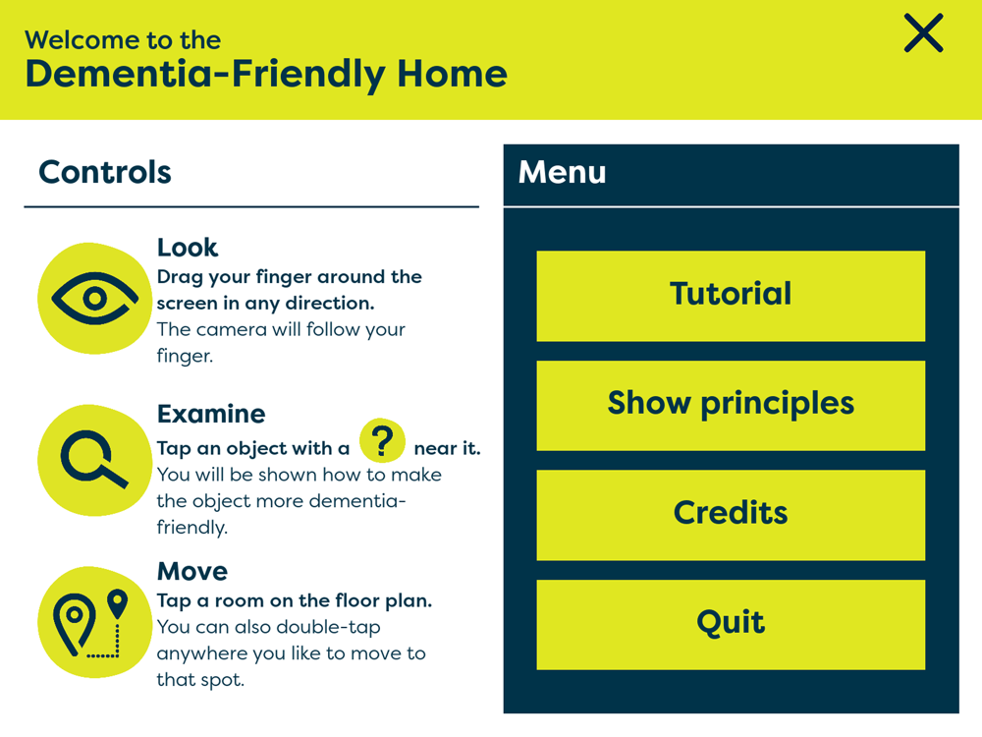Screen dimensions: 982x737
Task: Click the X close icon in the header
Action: [x=923, y=33]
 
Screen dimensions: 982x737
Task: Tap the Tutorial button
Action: [x=731, y=296]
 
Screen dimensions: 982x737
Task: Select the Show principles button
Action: [x=731, y=406]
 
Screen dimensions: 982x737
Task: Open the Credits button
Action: [x=731, y=515]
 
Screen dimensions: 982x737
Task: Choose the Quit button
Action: [x=731, y=625]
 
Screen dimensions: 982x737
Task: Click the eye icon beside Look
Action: [x=94, y=299]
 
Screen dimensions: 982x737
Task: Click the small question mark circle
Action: [x=382, y=440]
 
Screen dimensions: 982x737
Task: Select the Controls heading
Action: [x=105, y=172]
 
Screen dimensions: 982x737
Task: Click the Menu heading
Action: [x=563, y=172]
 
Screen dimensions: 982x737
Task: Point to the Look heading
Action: [x=188, y=248]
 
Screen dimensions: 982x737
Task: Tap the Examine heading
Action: [x=211, y=414]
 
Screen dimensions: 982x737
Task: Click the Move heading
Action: [x=192, y=572]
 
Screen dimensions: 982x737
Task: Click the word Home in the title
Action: [x=452, y=74]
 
